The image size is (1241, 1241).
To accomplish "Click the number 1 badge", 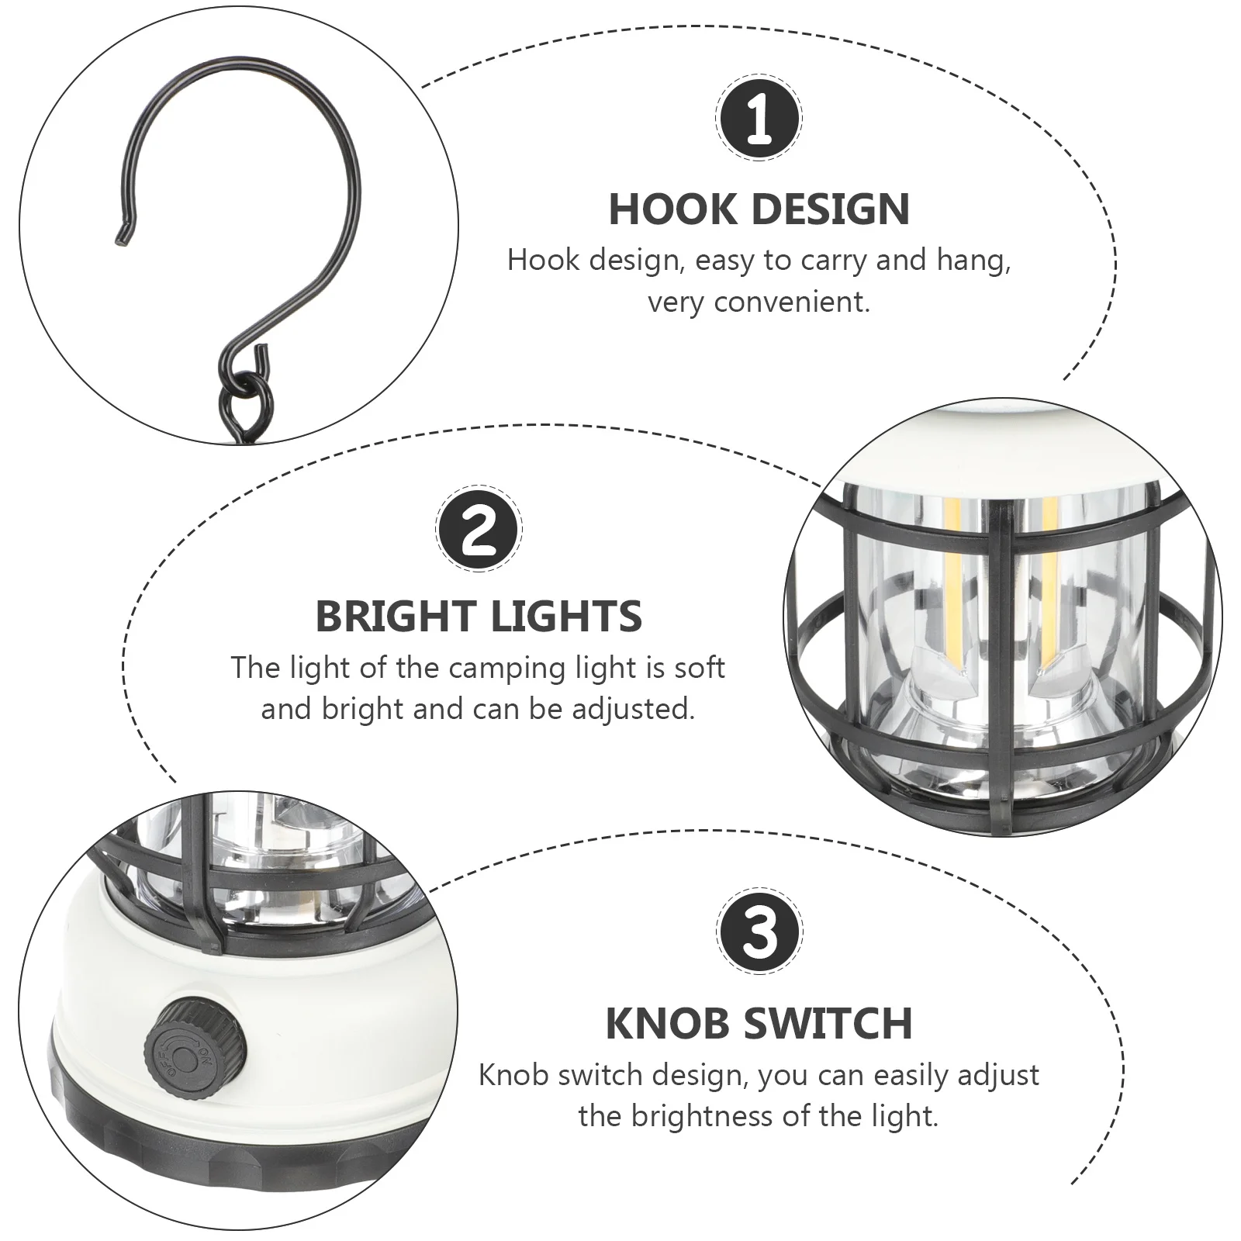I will [x=759, y=119].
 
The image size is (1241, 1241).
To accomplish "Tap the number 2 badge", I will [x=479, y=531].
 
